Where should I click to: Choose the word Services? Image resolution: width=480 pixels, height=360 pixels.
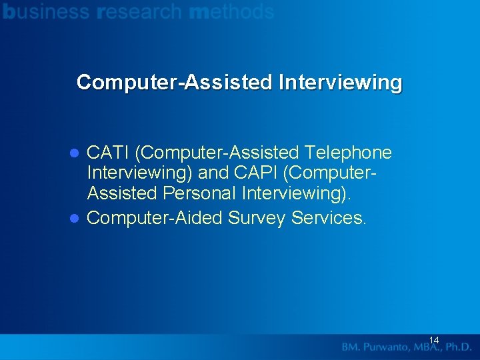(x=329, y=218)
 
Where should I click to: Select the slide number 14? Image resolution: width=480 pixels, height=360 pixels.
(x=433, y=341)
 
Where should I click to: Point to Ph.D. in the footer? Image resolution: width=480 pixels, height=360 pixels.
(x=459, y=347)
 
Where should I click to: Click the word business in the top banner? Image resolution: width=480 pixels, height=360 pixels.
(x=46, y=11)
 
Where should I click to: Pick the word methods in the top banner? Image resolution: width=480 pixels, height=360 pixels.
(x=231, y=11)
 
